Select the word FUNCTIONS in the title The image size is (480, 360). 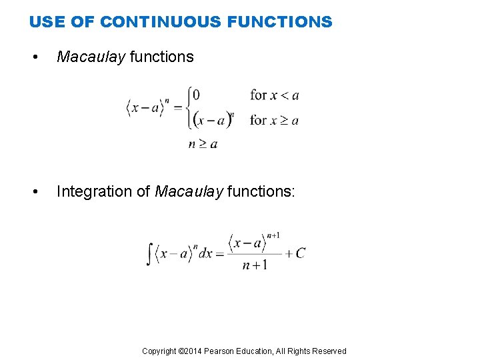(x=279, y=22)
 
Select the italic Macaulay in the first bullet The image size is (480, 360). (x=91, y=57)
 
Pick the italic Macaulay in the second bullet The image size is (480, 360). (x=189, y=192)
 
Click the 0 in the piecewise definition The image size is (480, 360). (x=195, y=95)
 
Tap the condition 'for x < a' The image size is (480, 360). (x=274, y=95)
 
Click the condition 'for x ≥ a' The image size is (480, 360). (x=274, y=121)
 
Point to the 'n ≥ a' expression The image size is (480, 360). (x=203, y=143)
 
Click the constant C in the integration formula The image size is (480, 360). (x=300, y=253)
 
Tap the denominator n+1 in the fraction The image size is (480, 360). (x=255, y=265)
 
